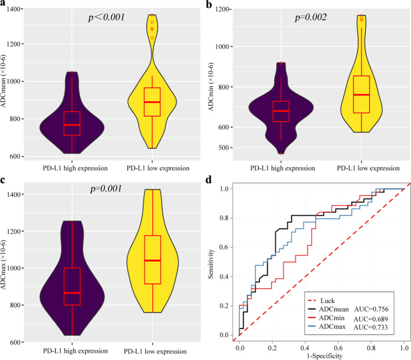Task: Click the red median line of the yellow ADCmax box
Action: tap(152, 260)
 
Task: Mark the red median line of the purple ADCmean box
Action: tap(72, 125)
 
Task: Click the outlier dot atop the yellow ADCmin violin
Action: tap(362, 19)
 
